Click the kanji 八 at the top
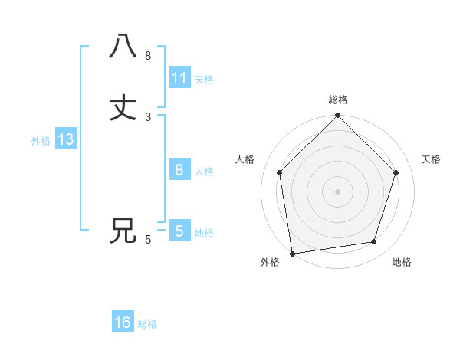123,46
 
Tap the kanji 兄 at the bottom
123,231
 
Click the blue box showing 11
179,78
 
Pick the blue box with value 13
65,140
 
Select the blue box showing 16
123,322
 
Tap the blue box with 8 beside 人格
179,170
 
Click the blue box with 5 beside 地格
179,231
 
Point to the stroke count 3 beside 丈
148,116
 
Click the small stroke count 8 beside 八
148,55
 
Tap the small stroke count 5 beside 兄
148,240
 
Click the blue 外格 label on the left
41,141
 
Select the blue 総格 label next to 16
147,324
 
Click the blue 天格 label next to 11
204,80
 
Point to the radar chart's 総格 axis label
338,100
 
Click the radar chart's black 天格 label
431,159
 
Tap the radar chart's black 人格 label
245,159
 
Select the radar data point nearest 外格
292,253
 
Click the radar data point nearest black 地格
374,242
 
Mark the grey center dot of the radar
338,191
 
